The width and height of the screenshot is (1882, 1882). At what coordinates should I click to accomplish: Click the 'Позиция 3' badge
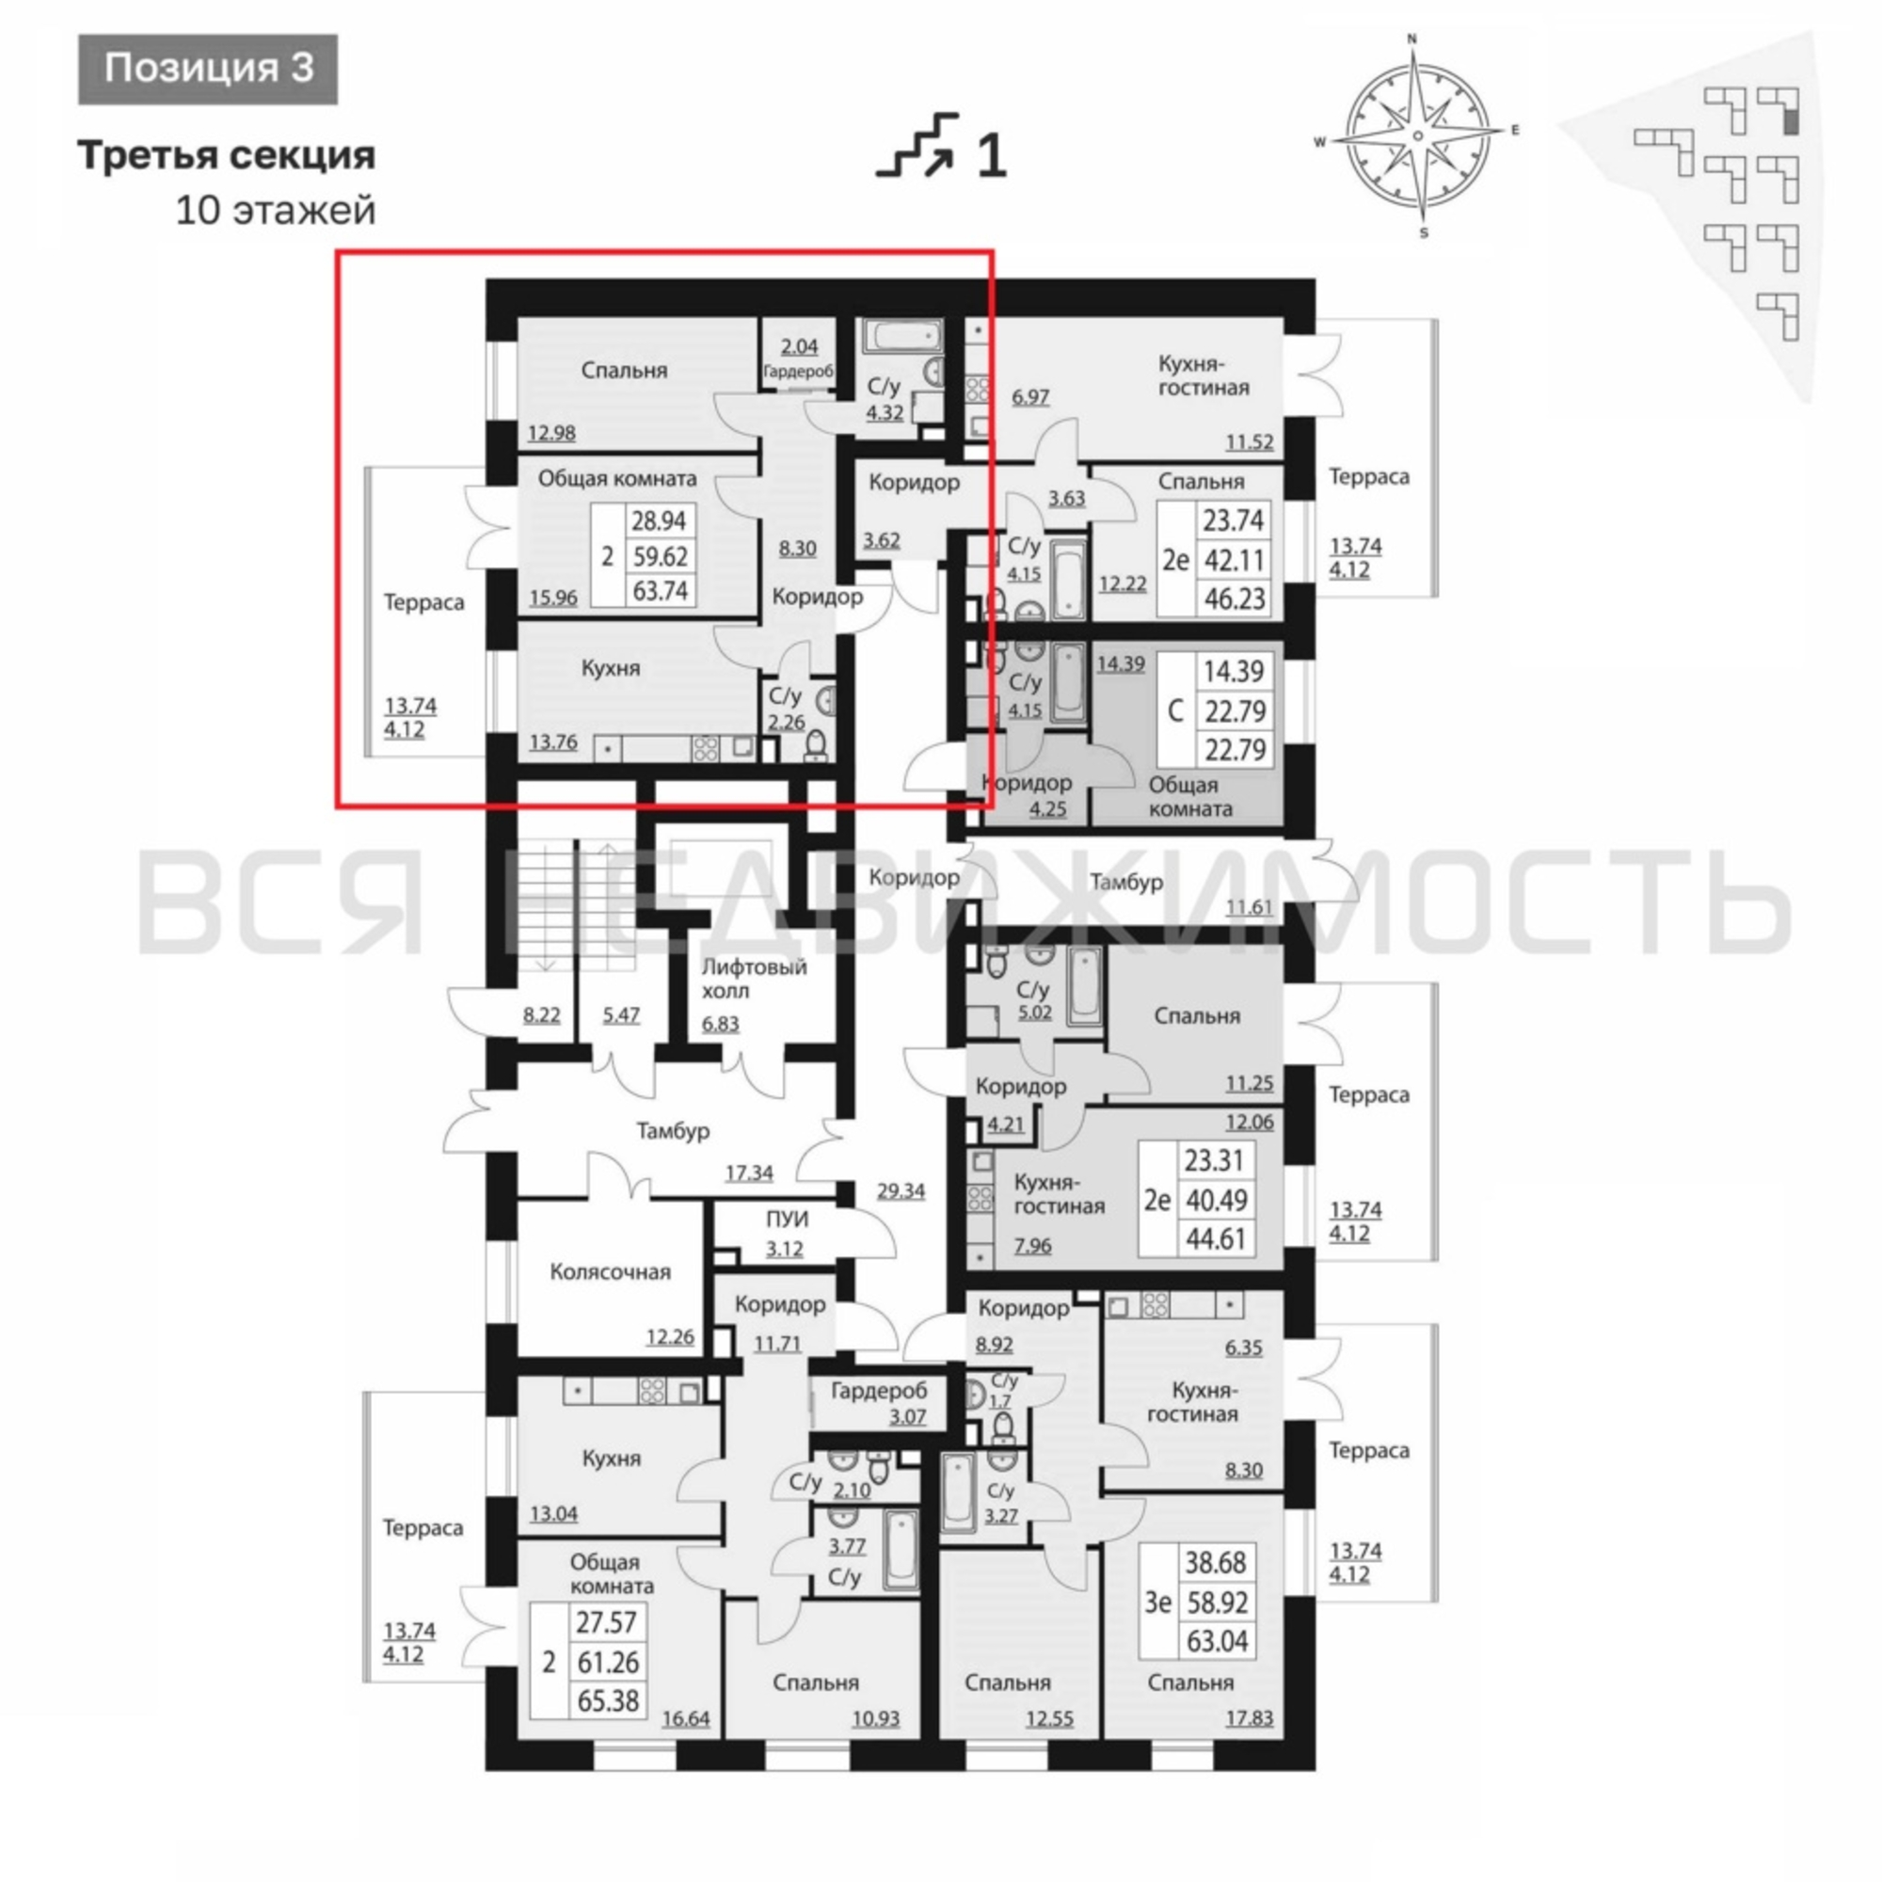[209, 69]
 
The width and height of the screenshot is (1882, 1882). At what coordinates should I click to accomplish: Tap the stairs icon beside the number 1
[917, 146]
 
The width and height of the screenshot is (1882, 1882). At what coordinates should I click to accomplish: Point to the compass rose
[1417, 136]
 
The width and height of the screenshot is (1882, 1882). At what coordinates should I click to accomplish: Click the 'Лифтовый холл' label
[754, 979]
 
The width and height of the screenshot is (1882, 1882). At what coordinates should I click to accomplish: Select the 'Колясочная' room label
[610, 1272]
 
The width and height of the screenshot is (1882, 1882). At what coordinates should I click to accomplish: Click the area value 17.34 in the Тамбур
[749, 1172]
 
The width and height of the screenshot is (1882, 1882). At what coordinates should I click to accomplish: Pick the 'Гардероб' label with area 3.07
[879, 1391]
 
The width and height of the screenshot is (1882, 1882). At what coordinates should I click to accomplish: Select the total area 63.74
[660, 590]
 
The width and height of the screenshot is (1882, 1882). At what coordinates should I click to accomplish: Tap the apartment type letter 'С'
[1174, 711]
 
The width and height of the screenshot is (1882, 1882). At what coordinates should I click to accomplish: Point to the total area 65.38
[608, 1700]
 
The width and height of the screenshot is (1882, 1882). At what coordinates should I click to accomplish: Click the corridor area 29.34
[901, 1190]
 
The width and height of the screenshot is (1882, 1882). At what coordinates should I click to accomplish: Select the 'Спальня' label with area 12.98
[625, 370]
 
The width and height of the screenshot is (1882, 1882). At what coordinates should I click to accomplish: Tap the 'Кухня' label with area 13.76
[611, 668]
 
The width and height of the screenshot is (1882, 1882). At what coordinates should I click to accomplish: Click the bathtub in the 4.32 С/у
[902, 339]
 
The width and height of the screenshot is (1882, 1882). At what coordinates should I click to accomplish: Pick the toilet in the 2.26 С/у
[816, 746]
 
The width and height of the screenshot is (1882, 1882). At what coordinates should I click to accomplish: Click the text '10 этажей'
[276, 211]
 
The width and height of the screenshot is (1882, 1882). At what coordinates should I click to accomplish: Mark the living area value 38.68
[1216, 1562]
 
